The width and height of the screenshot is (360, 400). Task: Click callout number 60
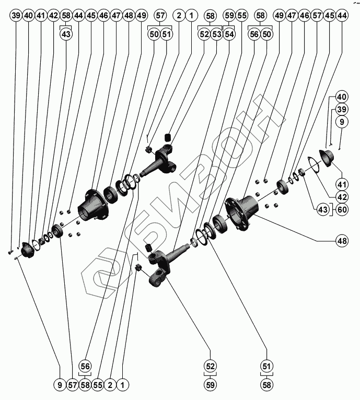tap(342, 210)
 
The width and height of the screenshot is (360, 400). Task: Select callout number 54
tap(229, 34)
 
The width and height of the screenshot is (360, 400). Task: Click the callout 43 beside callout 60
tap(322, 210)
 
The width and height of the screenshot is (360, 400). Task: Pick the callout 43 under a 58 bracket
tap(66, 34)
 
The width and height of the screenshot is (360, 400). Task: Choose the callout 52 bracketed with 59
tap(210, 366)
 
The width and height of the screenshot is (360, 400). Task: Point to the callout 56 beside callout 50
tap(254, 34)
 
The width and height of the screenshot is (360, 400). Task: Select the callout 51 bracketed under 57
tap(166, 34)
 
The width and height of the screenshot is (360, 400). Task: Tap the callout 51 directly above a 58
tap(266, 366)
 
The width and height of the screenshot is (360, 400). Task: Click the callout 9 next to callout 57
tap(60, 385)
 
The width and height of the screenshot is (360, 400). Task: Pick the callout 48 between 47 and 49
tap(129, 16)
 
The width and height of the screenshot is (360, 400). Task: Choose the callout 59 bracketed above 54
tap(229, 16)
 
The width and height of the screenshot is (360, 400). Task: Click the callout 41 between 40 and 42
tap(41, 16)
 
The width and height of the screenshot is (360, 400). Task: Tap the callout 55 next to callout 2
tap(97, 385)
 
